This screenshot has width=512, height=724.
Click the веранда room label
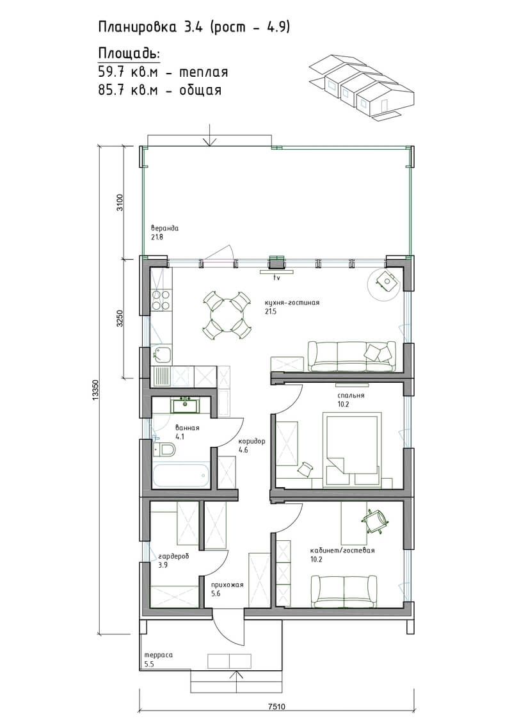coord(164,228)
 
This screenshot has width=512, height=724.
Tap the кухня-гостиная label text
coord(292,303)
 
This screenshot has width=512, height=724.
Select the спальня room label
coord(351,395)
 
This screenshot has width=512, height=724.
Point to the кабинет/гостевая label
coord(342,551)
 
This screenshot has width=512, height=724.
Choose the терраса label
coord(158,655)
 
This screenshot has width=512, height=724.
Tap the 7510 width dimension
coord(276,707)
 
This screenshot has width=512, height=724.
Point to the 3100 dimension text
coord(120,202)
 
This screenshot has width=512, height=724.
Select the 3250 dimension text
coord(120,318)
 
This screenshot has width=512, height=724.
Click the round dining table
coord(227,316)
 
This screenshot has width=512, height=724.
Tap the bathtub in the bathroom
coord(180,476)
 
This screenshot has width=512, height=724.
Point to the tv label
coord(277,278)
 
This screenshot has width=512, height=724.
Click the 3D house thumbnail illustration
coord(362,88)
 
